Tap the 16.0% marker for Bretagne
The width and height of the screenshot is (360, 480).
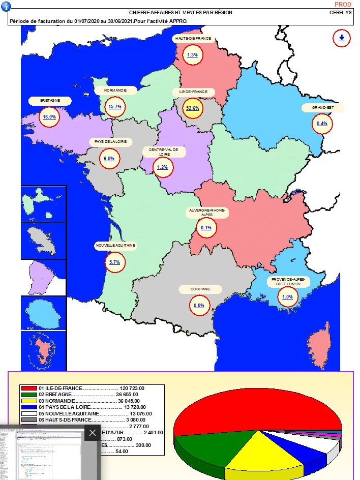point(49,116)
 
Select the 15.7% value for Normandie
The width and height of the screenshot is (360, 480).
point(114,107)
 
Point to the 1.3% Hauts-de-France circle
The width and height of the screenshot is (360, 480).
point(192,55)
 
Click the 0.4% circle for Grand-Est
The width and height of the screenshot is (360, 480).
point(322,123)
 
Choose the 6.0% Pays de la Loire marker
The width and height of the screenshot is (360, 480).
point(109,158)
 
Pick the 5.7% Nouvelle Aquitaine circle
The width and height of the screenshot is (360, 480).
point(114,262)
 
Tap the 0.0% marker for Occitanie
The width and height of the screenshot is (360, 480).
point(198,305)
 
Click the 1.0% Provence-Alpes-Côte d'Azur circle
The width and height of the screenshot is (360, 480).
point(287,297)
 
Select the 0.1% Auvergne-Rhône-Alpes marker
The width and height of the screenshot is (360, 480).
point(206,228)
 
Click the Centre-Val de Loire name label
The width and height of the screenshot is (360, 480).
point(164,152)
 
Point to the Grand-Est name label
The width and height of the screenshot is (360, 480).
point(322,108)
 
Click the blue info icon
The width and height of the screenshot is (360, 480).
point(5,5)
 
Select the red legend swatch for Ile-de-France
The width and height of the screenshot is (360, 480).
point(28,388)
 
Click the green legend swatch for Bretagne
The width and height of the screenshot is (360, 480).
point(28,395)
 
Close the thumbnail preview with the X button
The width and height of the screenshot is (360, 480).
point(92,433)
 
